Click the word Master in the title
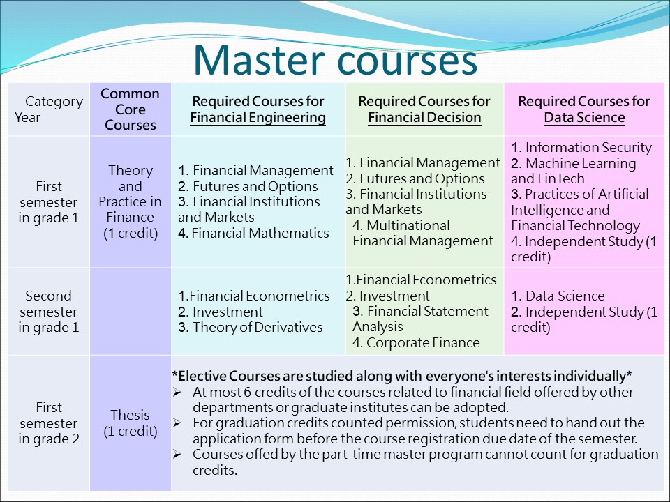coord(259,60)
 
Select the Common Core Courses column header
coord(131,109)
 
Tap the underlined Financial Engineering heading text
coord(258,117)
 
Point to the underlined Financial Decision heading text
coord(425,117)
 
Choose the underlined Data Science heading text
coord(585,117)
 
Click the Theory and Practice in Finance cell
coord(131,201)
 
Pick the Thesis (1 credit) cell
coord(131,423)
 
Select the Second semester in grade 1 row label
coord(49,312)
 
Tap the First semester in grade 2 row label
coord(49,423)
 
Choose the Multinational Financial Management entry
coord(423,233)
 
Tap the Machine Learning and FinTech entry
coord(574,171)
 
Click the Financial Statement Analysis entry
coord(420,319)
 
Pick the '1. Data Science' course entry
coord(558,296)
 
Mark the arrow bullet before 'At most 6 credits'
coord(177,392)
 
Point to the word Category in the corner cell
coord(54,102)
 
